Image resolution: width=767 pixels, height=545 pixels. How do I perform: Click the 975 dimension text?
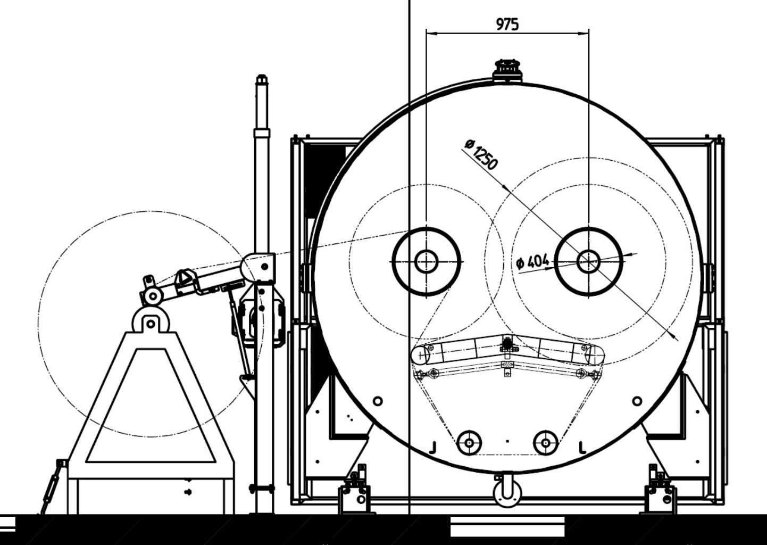pyautogui.click(x=507, y=24)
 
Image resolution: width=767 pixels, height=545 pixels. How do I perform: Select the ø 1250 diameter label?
pyautogui.click(x=481, y=154)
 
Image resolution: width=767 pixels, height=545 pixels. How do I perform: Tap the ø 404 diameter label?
pyautogui.click(x=532, y=262)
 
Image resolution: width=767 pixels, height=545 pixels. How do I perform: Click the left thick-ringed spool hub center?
pyautogui.click(x=426, y=262)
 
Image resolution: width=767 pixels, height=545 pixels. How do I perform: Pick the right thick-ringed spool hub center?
pyautogui.click(x=589, y=262)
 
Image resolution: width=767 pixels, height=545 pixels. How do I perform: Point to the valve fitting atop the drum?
pyautogui.click(x=507, y=71)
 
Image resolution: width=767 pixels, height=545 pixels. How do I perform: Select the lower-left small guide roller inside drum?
pyautogui.click(x=469, y=443)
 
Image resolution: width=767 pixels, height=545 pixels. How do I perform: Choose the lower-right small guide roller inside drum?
pyautogui.click(x=546, y=443)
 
